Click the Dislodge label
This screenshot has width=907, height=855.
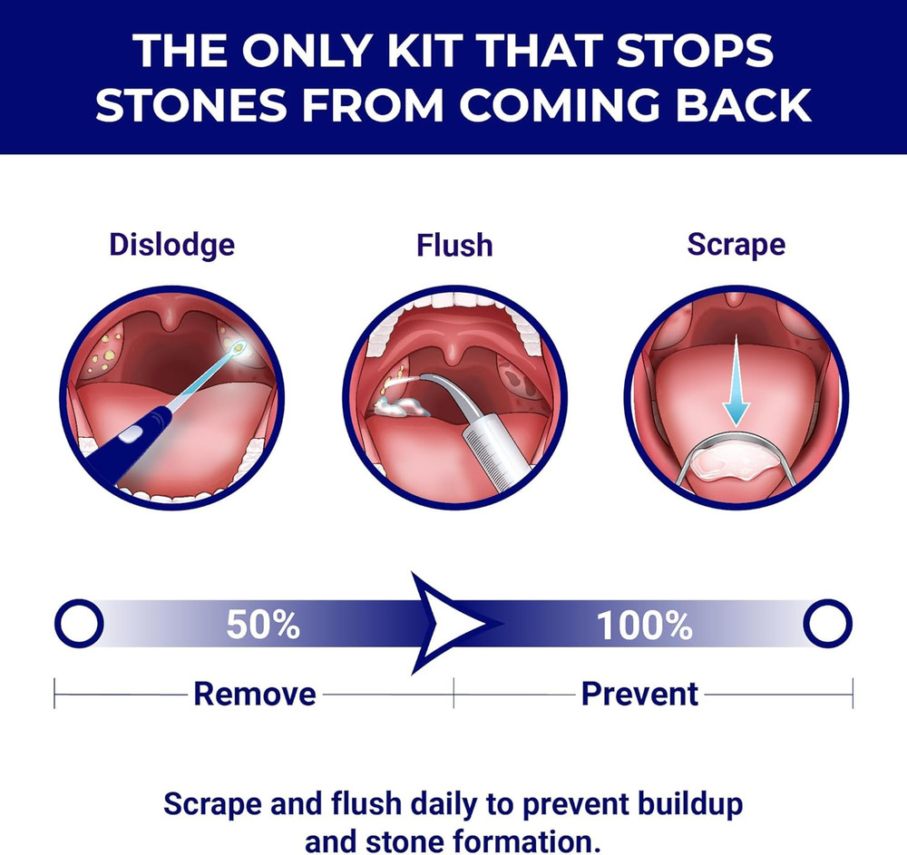click(x=171, y=245)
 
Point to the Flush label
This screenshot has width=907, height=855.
click(x=453, y=246)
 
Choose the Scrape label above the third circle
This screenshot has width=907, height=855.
click(x=736, y=245)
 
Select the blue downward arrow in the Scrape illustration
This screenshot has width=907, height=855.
click(x=736, y=381)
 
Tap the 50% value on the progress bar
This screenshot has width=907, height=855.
click(x=262, y=625)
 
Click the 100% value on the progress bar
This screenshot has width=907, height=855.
click(x=644, y=625)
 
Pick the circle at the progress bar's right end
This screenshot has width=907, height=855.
click(x=827, y=623)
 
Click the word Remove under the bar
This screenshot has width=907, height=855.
click(x=256, y=695)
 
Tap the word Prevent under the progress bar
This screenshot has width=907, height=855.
click(x=639, y=695)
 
